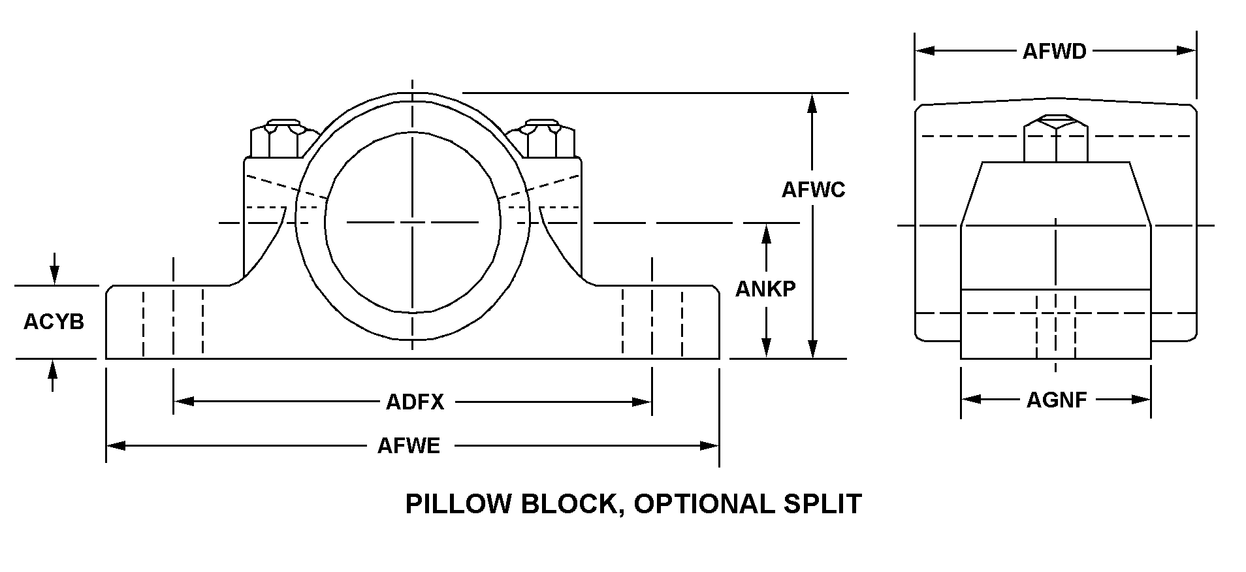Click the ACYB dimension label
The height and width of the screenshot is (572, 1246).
pos(54,321)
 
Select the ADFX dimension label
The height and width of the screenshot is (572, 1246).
pos(415,402)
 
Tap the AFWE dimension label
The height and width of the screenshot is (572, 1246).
pos(409,446)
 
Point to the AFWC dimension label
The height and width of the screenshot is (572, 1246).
pos(813,189)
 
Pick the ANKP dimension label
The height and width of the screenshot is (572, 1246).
pos(765,289)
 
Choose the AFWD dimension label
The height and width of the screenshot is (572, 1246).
pos(1054,51)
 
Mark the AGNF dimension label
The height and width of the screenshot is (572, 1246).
pos(1056,400)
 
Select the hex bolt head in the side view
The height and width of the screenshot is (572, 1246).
pos(1055,138)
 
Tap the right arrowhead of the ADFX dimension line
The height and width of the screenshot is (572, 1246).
pos(643,402)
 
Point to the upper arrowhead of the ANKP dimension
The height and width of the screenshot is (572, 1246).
pos(767,232)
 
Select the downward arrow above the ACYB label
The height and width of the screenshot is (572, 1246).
pos(54,276)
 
